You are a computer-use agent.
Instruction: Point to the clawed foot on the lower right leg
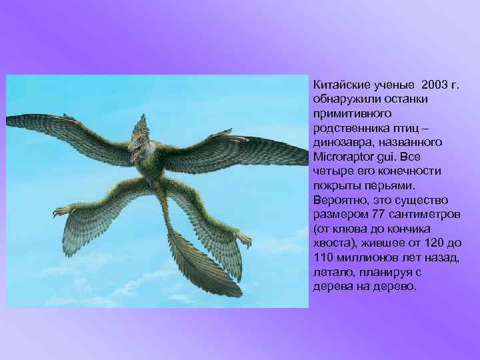point(245,239)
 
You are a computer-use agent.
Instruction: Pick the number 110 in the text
point(323,257)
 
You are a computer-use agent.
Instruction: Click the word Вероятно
point(339,200)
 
